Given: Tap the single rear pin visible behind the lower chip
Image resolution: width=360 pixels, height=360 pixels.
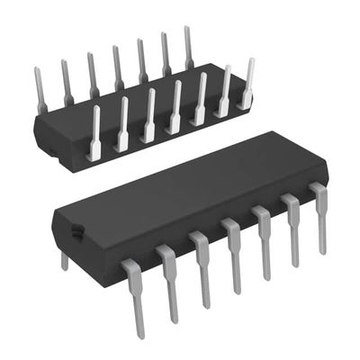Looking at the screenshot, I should click(64, 260).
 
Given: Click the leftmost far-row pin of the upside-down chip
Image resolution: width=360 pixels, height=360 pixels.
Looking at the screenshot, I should click(40, 90).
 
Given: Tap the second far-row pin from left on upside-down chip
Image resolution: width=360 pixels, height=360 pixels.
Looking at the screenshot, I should click(67, 81).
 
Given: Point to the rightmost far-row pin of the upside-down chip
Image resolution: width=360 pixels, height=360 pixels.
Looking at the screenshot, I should click(188, 47).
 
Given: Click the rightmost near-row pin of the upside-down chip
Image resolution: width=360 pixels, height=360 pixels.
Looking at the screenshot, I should click(246, 84).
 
